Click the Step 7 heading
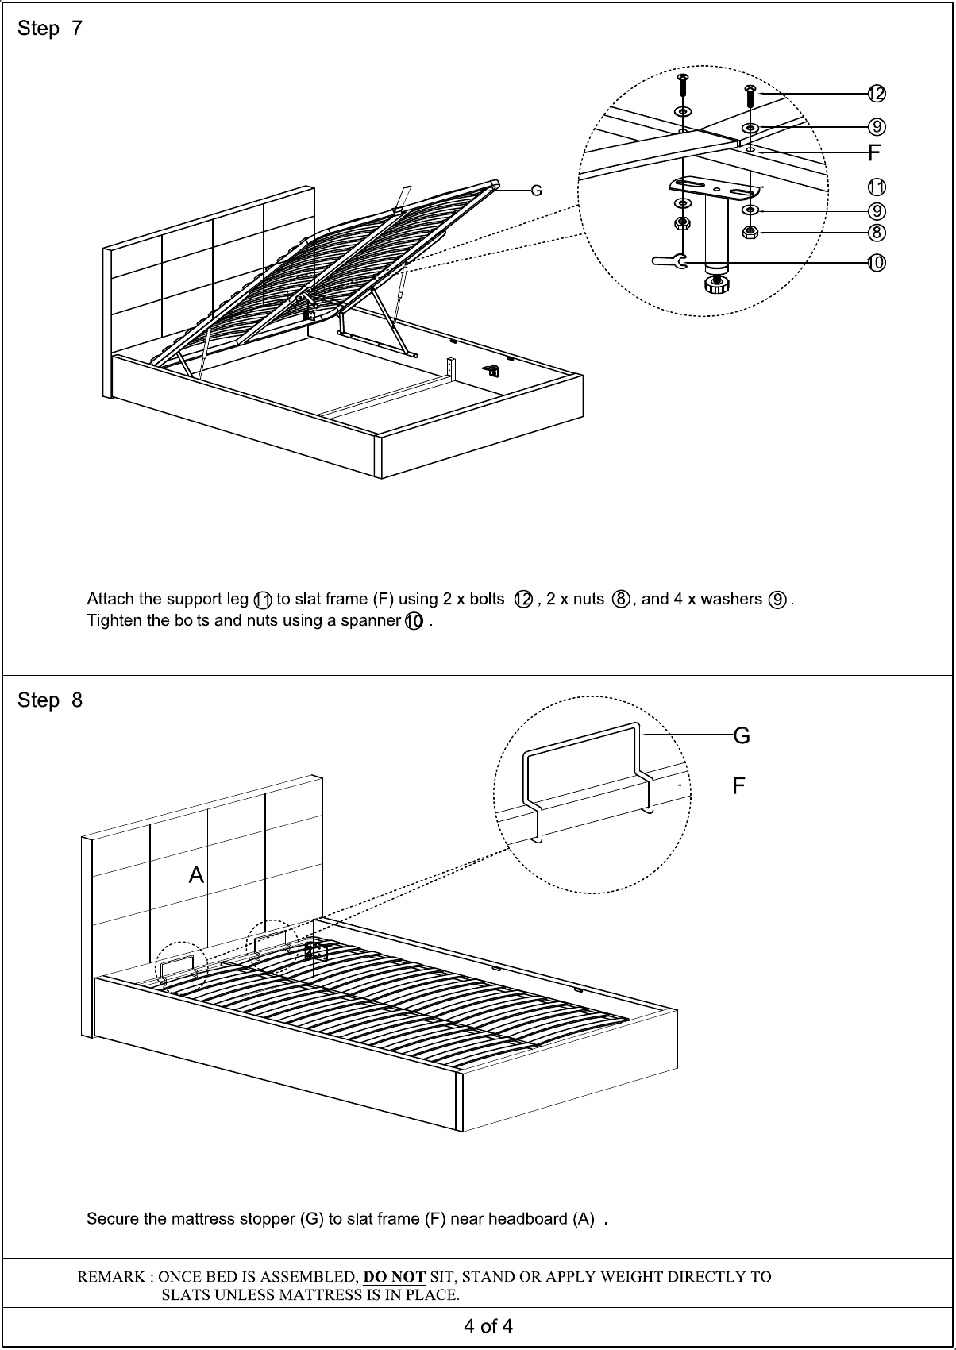[49, 29]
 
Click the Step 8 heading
[49, 700]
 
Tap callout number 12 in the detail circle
[876, 94]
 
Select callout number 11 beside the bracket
[876, 187]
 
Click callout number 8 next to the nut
[876, 233]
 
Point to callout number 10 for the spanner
[876, 262]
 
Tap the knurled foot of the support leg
[716, 284]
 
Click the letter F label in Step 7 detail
[874, 152]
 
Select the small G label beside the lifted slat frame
[537, 191]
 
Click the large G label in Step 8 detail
[741, 736]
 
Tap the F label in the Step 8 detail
[738, 785]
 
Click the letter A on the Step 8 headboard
[196, 875]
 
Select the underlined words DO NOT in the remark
[394, 1277]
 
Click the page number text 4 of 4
[488, 1326]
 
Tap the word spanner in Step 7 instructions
[371, 620]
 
